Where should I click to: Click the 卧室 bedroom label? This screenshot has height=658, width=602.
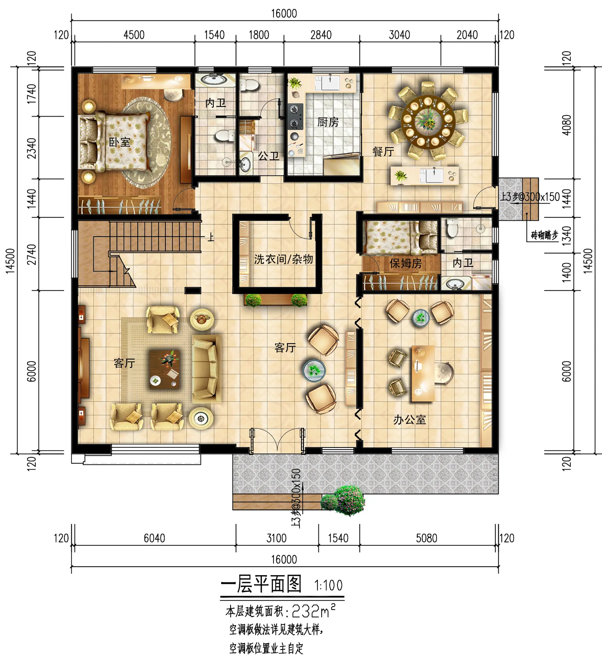119,142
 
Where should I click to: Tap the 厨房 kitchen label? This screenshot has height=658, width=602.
328,122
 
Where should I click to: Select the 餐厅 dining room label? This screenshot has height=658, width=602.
383,151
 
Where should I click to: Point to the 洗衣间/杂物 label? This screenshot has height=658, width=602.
284,259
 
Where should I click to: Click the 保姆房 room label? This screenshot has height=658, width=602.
405,263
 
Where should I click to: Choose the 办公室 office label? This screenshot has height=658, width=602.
410,420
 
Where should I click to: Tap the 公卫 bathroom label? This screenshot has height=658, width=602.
269,156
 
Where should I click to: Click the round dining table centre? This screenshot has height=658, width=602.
428,120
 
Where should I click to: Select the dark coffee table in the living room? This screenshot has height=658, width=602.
164,369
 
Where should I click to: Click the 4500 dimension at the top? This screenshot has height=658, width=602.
134,35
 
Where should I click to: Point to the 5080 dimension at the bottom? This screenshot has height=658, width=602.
426,538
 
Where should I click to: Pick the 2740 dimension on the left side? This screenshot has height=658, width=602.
32,254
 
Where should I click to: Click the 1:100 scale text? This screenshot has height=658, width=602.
328,586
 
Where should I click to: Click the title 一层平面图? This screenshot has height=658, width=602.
261,584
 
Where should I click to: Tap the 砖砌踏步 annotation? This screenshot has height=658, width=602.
545,235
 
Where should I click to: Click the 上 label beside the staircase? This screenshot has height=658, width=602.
211,237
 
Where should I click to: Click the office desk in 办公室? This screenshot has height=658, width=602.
423,373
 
